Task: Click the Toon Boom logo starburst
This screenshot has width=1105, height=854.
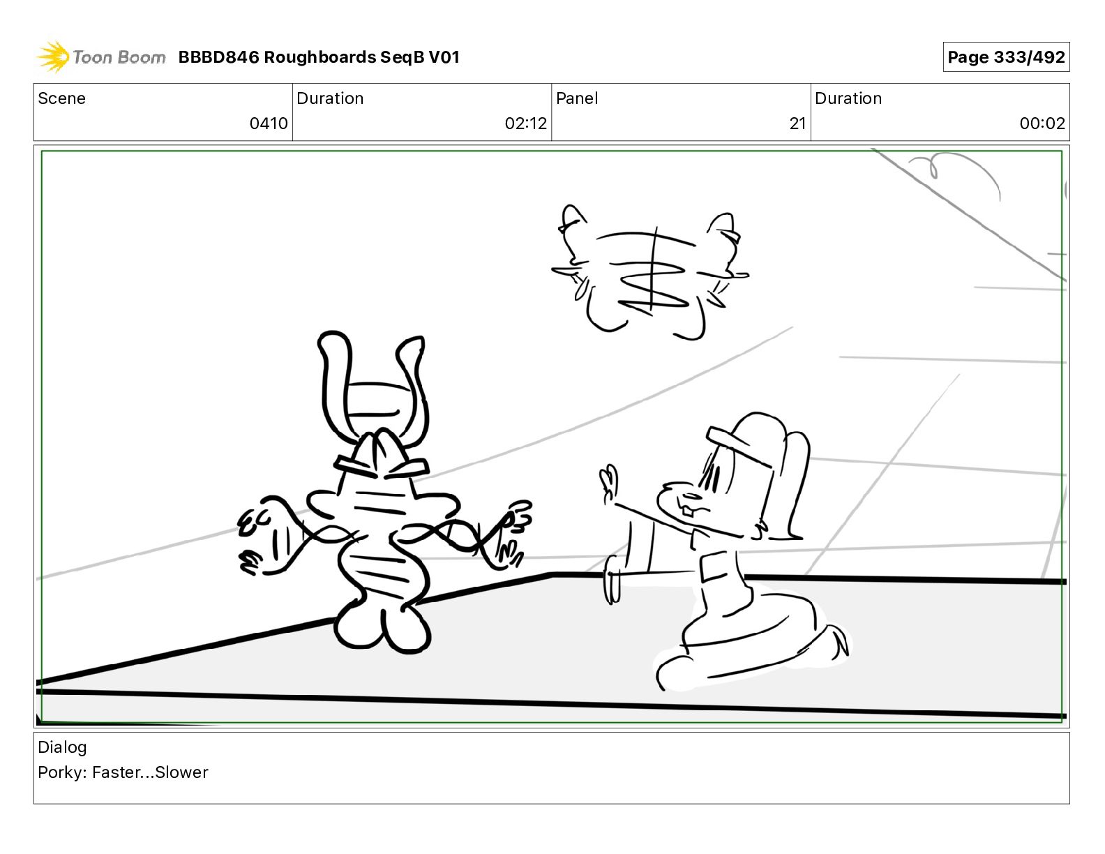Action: [x=53, y=57]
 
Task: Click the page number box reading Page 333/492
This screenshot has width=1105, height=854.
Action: [x=1006, y=57]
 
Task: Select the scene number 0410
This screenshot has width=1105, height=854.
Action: [x=269, y=123]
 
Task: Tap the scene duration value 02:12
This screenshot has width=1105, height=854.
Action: [x=526, y=123]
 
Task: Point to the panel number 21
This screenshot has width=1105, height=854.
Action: [x=798, y=123]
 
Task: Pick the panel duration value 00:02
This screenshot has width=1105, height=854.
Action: [x=1042, y=123]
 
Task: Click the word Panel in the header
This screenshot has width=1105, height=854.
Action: [x=577, y=98]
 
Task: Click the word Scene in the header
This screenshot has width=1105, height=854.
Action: [x=61, y=98]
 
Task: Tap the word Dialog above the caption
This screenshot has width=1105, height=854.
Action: [x=62, y=747]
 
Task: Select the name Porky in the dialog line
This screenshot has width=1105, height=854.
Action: [x=61, y=772]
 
